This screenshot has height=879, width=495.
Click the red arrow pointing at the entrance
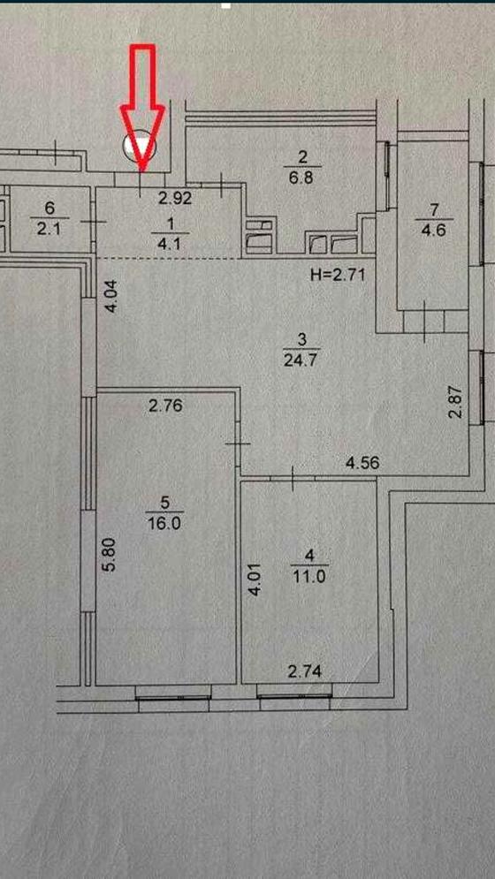pyautogui.click(x=142, y=107)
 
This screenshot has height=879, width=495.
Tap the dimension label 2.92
pyautogui.click(x=175, y=197)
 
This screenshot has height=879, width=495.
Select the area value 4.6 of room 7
pyautogui.click(x=433, y=230)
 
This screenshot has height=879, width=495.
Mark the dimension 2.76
pyautogui.click(x=165, y=405)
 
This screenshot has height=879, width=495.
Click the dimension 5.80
pyautogui.click(x=110, y=554)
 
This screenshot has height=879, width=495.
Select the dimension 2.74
pyautogui.click(x=305, y=671)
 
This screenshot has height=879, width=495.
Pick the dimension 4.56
pyautogui.click(x=363, y=463)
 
